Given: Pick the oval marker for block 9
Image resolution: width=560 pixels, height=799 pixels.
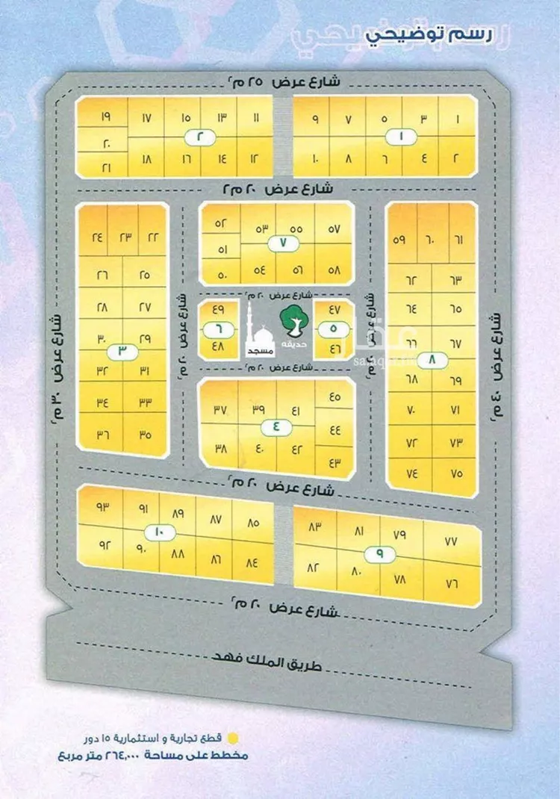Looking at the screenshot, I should (x=379, y=555).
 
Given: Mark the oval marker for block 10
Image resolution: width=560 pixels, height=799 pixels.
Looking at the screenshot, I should (x=158, y=532).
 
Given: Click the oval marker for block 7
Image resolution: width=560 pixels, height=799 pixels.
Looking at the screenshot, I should (x=284, y=243).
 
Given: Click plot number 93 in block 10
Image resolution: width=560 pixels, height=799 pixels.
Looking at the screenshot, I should (x=102, y=507).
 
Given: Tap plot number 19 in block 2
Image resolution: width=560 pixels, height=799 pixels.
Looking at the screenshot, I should (x=105, y=117).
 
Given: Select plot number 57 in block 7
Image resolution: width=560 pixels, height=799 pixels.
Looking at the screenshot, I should (x=333, y=228).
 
